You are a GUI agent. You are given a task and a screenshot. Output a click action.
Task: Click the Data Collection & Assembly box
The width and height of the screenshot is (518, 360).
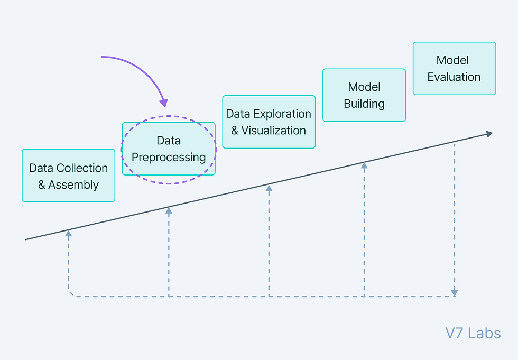(68, 176)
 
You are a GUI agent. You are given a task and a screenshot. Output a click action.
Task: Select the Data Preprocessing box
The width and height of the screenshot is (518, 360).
(169, 149)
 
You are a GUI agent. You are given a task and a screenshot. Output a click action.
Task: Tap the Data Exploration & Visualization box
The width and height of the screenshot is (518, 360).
(269, 122)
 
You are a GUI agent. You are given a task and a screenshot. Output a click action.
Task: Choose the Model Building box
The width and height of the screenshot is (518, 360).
(364, 95)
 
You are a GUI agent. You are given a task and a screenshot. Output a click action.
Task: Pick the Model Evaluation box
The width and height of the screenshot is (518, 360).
(454, 68)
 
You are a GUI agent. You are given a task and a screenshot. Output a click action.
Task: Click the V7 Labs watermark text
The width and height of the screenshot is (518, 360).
(473, 333)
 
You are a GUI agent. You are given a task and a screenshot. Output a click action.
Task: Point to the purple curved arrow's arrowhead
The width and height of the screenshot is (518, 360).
(164, 103)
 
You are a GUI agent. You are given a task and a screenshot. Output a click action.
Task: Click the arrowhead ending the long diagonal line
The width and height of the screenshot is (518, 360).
(489, 134)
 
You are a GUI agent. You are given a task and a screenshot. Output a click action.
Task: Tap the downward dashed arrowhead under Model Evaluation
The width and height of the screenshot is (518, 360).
(455, 293)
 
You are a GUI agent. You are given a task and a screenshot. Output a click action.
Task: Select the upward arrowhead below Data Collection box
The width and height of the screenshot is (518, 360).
(68, 234)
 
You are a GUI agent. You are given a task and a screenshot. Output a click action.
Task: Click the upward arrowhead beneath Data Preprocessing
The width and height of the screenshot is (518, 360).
(169, 210)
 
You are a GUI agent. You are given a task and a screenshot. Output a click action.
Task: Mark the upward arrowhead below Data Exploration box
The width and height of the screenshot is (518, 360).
(269, 188)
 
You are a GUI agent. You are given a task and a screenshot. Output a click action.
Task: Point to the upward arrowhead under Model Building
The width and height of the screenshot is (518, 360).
(364, 165)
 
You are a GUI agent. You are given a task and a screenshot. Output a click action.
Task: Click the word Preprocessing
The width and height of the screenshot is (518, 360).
(169, 158)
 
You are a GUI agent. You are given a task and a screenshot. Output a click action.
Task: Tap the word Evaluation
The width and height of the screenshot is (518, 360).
(454, 77)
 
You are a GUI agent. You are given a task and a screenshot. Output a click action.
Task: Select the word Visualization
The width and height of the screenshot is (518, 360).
(274, 131)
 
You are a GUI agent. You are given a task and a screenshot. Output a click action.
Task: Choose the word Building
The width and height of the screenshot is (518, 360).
(364, 104)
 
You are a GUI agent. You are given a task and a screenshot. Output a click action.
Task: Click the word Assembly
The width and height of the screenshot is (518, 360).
(73, 185)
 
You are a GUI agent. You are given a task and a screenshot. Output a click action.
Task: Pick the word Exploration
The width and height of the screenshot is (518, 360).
(282, 114)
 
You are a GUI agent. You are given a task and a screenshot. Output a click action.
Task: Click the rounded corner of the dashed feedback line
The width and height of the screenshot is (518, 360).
(70, 294)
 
